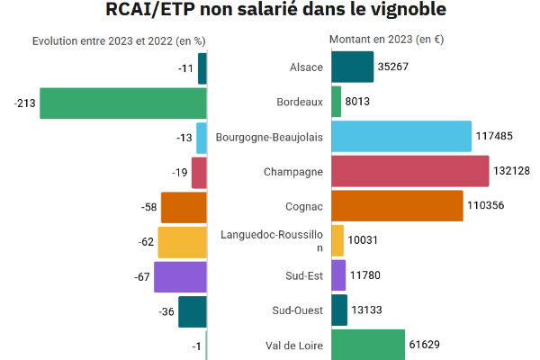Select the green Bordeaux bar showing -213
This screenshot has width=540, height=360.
(123, 103)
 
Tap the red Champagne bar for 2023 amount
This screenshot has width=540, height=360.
(409, 171)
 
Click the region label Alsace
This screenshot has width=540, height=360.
(306, 67)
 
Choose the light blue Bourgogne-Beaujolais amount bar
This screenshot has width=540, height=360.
(401, 137)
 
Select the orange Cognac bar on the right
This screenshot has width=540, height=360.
(397, 206)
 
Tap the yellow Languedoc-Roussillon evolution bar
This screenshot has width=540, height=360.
(183, 242)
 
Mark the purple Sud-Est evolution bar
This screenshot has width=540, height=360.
(181, 276)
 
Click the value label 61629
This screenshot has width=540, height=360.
(428, 345)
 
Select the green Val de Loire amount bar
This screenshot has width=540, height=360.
(368, 345)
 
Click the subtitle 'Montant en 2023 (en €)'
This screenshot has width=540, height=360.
(386, 40)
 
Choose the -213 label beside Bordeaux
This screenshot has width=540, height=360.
(24, 103)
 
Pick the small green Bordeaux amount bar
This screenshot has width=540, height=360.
(337, 102)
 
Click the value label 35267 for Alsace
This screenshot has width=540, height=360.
(395, 67)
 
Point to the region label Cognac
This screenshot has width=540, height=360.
(305, 207)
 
